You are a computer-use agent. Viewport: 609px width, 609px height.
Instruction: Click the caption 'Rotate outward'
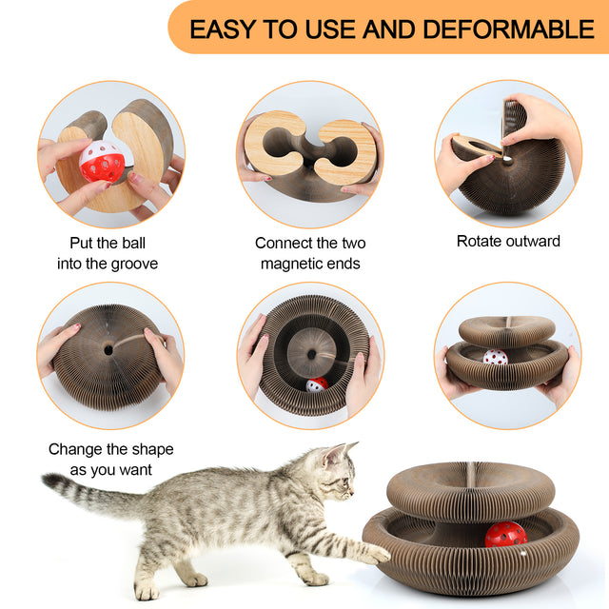[508, 241]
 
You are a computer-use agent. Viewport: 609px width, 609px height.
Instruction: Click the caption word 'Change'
[77, 449]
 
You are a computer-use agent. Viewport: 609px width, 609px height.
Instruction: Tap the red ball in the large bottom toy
[505, 535]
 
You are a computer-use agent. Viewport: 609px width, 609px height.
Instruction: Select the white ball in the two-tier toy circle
[495, 359]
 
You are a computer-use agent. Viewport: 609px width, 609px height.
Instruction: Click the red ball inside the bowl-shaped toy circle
[316, 384]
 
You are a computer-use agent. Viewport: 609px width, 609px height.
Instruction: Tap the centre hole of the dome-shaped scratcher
[108, 350]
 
